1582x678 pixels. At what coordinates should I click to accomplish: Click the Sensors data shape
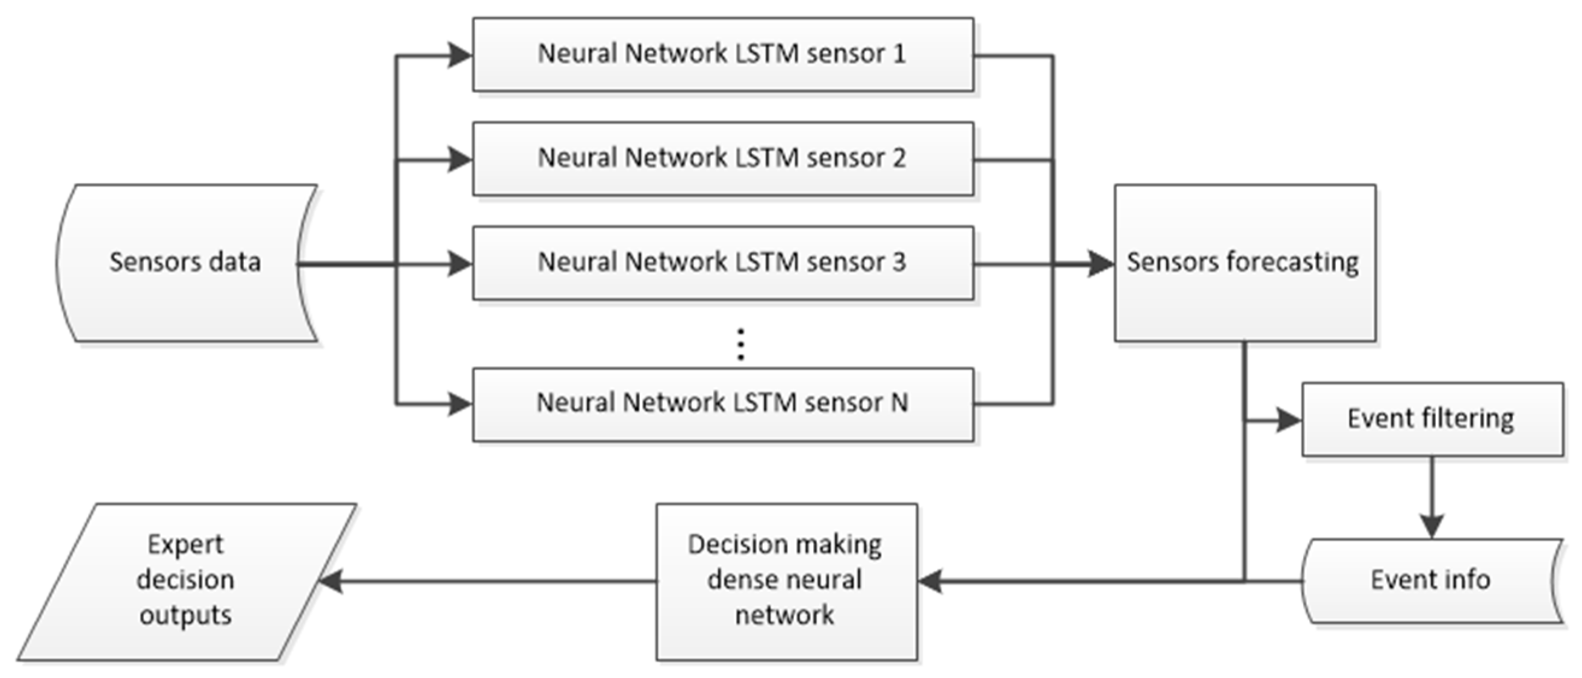(184, 263)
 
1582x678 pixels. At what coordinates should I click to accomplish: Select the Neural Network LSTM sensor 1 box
(722, 54)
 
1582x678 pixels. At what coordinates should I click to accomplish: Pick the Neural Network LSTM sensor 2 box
(722, 158)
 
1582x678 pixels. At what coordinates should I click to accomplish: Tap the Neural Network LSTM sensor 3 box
(722, 263)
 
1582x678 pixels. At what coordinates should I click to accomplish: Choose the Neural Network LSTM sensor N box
(722, 403)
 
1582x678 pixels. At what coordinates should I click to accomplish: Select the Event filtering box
(1432, 419)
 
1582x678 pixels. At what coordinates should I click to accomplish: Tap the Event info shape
(1432, 580)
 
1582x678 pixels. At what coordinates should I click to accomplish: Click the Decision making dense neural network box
(786, 581)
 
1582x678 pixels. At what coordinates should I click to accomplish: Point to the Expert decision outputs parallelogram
(185, 581)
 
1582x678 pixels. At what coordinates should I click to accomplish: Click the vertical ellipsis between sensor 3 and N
(740, 344)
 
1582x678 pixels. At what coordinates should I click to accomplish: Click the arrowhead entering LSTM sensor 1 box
(459, 55)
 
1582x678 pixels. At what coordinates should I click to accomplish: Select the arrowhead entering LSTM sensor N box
(459, 404)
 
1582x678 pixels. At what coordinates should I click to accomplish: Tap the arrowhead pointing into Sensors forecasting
(1100, 264)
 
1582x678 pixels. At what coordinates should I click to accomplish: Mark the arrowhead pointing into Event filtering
(1288, 421)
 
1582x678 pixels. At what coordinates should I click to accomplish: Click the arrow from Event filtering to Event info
(1432, 497)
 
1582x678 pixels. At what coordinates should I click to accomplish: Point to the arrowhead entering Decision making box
(931, 581)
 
